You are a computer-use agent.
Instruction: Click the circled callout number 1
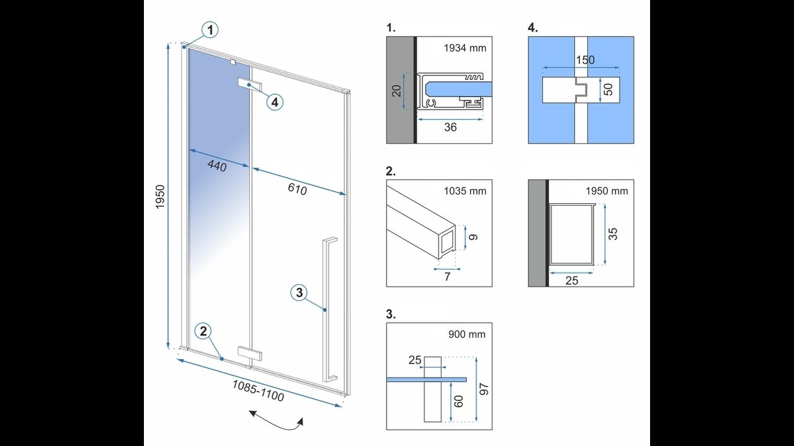tap(211, 30)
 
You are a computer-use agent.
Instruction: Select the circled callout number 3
tap(299, 292)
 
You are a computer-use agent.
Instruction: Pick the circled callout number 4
tap(275, 102)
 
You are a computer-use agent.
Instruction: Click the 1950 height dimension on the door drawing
tap(159, 197)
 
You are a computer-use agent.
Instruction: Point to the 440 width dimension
tap(216, 165)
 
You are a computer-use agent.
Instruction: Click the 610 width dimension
tap(297, 188)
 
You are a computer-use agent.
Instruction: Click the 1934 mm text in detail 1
tap(465, 48)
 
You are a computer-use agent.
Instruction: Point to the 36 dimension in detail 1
tap(450, 127)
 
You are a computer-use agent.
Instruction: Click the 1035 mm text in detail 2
tap(465, 191)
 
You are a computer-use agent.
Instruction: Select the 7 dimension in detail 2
tap(447, 276)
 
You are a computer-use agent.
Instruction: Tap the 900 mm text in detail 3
tap(466, 334)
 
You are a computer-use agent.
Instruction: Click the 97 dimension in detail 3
tap(484, 389)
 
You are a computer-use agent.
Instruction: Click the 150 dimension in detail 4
tap(585, 60)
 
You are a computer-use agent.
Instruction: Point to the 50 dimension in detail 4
tap(608, 90)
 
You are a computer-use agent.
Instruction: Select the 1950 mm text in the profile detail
tap(607, 191)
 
